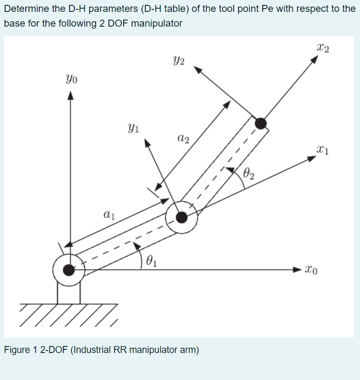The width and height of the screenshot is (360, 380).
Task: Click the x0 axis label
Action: tap(310, 270)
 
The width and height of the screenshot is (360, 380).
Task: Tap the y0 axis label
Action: tap(70, 77)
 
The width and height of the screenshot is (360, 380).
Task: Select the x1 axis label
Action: tap(323, 150)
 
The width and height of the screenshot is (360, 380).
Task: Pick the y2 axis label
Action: tap(178, 62)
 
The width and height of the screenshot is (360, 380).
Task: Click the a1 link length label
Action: tap(109, 214)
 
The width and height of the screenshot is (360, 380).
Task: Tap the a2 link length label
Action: tap(184, 139)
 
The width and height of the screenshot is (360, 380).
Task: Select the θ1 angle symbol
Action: tap(151, 261)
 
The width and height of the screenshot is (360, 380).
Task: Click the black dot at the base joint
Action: tap(69, 270)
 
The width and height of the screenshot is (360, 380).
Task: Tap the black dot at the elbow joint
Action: tap(182, 217)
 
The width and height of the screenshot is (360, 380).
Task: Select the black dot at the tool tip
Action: tap(260, 123)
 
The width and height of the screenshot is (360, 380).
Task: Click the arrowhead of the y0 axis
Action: tap(70, 96)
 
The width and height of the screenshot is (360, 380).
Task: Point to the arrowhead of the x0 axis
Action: tap(297, 270)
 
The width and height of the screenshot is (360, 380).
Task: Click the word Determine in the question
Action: tap(27, 9)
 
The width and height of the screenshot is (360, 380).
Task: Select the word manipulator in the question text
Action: tap(157, 23)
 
